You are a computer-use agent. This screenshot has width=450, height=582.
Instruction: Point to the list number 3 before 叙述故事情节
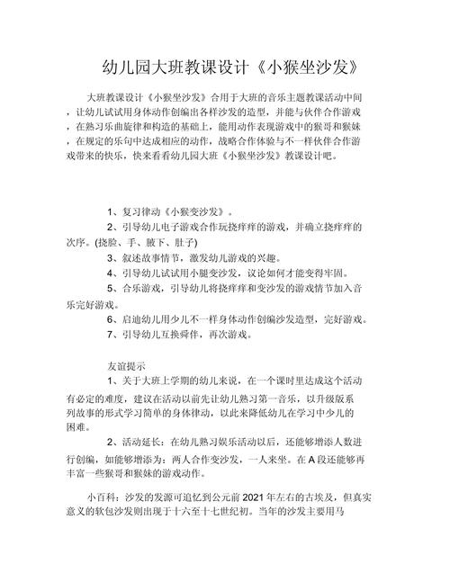coord(108,257)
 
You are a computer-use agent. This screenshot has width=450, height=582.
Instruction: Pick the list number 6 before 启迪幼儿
coord(108,318)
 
